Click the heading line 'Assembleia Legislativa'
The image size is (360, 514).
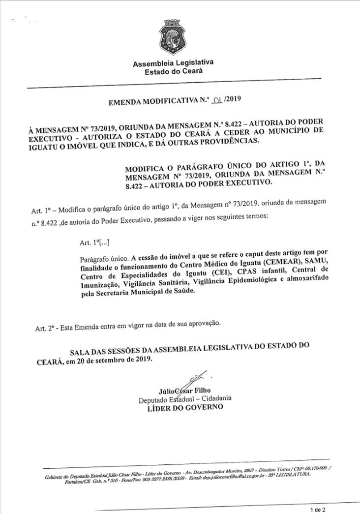(173, 63)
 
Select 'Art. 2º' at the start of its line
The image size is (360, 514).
(45, 328)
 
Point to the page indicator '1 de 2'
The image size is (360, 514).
(318, 510)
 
